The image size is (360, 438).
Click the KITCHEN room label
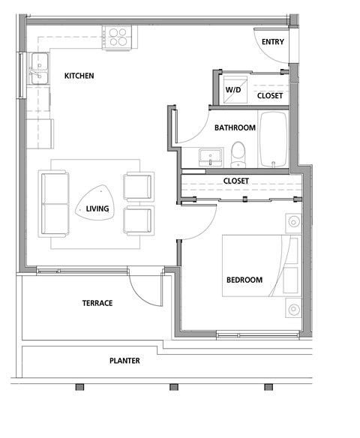click(x=78, y=76)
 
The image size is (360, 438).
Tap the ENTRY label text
click(x=272, y=42)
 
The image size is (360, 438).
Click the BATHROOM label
click(x=235, y=127)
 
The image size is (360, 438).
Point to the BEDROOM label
click(x=244, y=280)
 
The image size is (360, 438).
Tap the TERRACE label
click(x=97, y=303)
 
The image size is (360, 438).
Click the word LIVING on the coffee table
click(x=97, y=208)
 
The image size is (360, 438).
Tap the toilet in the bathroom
click(x=238, y=154)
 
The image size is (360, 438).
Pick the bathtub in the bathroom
click(x=273, y=140)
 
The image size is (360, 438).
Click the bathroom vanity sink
click(x=211, y=157)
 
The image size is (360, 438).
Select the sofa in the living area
click(x=54, y=202)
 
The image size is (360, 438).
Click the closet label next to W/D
click(x=270, y=96)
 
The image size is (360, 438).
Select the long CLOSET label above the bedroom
click(x=235, y=181)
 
